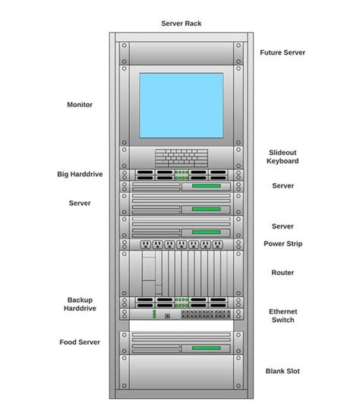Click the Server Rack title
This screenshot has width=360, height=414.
tap(182, 24)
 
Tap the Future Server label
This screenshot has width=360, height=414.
tap(283, 52)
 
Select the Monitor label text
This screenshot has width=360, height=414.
tap(80, 105)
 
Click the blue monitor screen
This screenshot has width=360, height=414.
tap(181, 105)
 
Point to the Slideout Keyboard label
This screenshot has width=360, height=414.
tap(283, 156)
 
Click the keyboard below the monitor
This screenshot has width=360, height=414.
tap(181, 157)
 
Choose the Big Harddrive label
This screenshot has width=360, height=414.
tap(80, 174)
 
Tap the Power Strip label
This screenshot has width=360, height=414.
tap(283, 244)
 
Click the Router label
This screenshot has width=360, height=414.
tap(283, 273)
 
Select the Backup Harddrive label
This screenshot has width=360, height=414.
tap(80, 305)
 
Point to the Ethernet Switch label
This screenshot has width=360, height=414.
tap(283, 315)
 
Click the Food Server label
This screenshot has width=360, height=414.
tap(80, 342)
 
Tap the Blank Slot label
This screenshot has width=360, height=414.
tap(283, 371)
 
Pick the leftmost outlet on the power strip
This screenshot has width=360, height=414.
tap(145, 245)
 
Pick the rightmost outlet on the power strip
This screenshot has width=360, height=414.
tap(217, 245)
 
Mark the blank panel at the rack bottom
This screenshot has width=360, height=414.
tap(181, 372)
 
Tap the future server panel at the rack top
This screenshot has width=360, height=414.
tap(181, 53)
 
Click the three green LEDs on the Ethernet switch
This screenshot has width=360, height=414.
tap(153, 314)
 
